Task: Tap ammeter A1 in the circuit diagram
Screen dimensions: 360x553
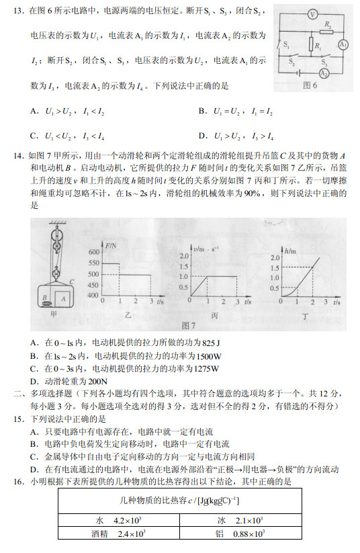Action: [x=343, y=45]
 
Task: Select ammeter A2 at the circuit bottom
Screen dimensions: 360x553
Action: [x=324, y=73]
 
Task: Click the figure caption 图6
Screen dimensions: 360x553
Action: [x=310, y=85]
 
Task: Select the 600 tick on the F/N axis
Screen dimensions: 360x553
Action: [x=94, y=251]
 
